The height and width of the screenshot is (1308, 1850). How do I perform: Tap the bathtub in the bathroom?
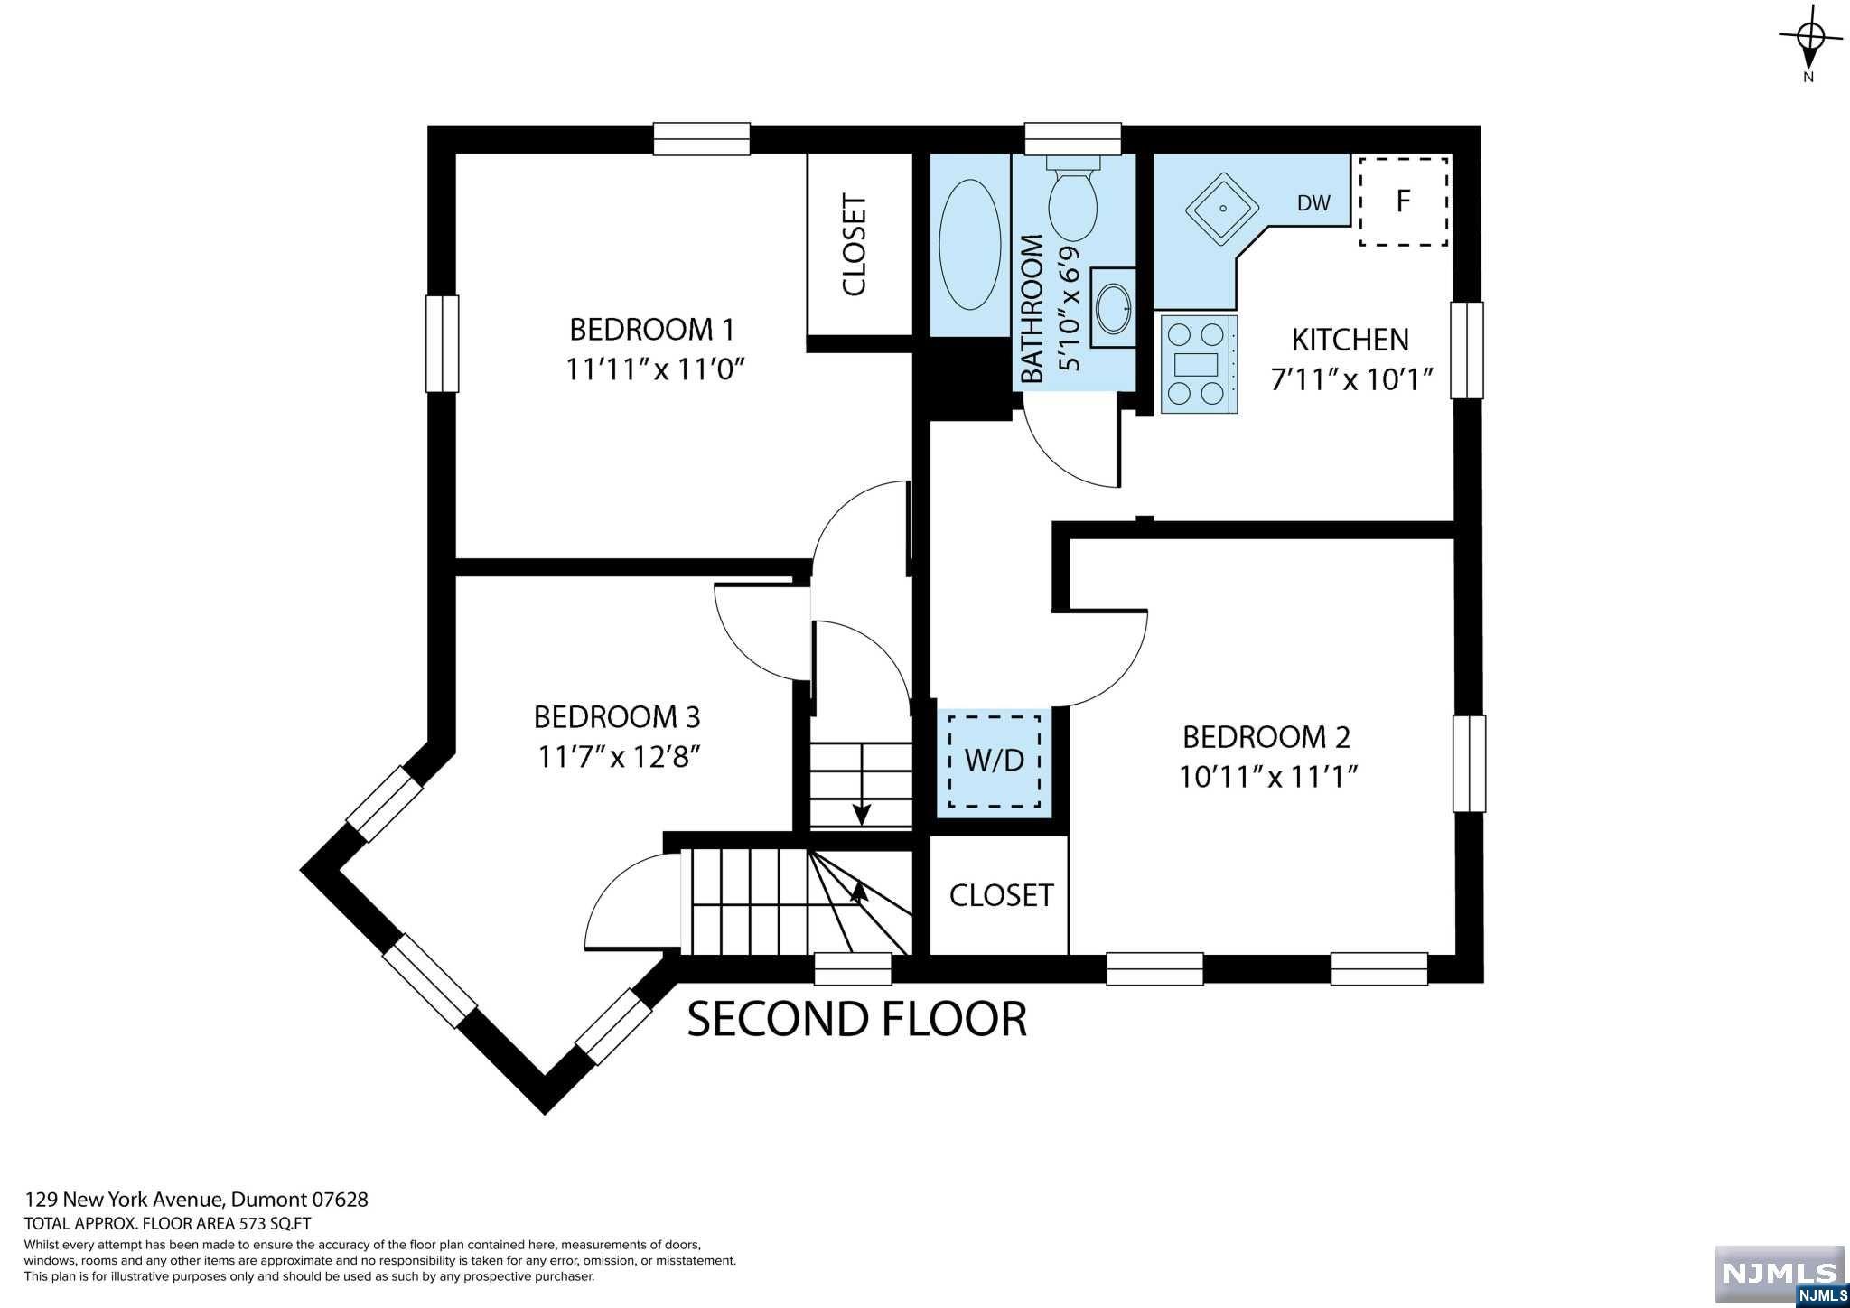[970, 246]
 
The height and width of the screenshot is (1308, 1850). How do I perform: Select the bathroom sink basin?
[1113, 308]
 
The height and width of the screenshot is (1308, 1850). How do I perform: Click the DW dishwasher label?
[1313, 203]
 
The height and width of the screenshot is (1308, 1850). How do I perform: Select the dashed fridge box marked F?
[1405, 201]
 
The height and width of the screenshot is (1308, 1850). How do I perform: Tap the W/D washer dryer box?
[995, 761]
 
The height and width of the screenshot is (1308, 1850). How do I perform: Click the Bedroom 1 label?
[652, 329]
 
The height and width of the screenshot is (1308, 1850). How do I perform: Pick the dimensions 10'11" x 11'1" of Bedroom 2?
[1269, 777]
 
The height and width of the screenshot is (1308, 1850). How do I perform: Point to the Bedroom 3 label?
[617, 717]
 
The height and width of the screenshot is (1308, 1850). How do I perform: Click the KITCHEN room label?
[1350, 340]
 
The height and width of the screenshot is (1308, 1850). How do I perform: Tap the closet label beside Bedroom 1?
[855, 245]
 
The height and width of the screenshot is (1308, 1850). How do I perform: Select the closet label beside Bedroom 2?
[1001, 895]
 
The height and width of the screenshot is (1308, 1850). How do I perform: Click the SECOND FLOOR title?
[857, 1019]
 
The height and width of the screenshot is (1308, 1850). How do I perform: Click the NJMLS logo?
[1780, 1275]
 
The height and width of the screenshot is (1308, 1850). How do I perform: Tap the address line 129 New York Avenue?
[196, 1200]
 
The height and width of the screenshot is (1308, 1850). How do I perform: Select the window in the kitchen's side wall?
[1467, 350]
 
